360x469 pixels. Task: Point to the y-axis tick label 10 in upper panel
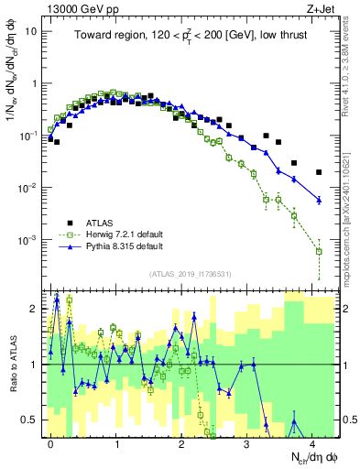coord(30,30)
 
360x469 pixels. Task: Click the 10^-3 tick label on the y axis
coord(28,240)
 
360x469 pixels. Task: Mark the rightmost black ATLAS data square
coord(319,171)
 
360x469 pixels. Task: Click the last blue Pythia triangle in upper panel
coord(319,200)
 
